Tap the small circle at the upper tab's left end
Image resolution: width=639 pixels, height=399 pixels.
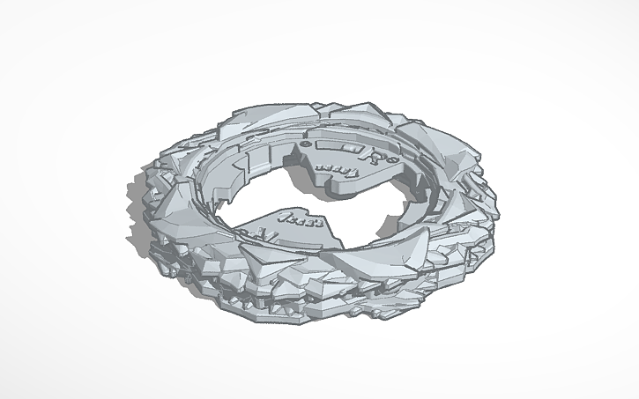304,143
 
